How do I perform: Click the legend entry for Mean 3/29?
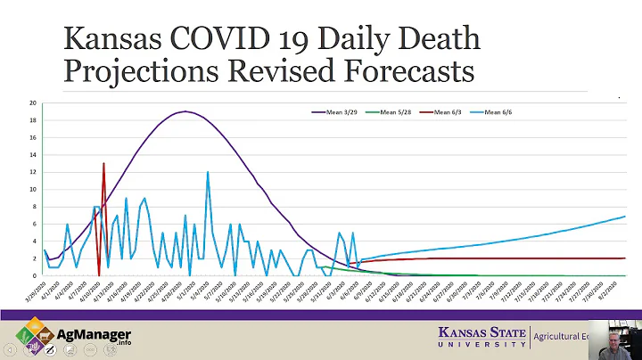pyautogui.click(x=335, y=111)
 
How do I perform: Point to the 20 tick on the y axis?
pyautogui.click(x=32, y=103)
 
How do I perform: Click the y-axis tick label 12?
pyautogui.click(x=32, y=172)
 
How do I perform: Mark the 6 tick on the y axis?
pyautogui.click(x=33, y=224)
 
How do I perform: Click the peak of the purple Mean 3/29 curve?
pyautogui.click(x=185, y=111)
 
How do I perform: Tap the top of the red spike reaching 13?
pyautogui.click(x=104, y=164)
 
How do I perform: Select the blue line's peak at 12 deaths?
pyautogui.click(x=208, y=173)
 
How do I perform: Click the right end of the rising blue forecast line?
pyautogui.click(x=623, y=217)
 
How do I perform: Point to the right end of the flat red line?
pyautogui.click(x=623, y=258)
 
